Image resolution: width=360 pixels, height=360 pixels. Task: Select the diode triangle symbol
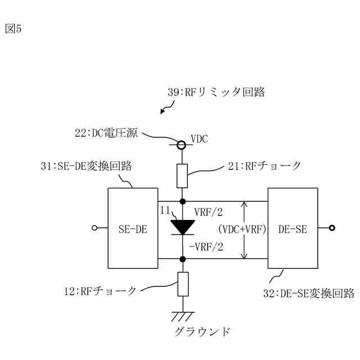(182, 227)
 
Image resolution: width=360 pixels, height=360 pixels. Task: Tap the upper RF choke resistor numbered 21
(182, 176)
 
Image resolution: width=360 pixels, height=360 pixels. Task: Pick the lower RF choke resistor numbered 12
(182, 283)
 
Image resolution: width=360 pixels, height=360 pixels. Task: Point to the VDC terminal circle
(182, 145)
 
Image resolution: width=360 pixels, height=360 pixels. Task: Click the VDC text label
(199, 139)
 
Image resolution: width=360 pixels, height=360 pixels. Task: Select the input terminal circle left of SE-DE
(95, 228)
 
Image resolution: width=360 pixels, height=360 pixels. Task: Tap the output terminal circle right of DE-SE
(332, 228)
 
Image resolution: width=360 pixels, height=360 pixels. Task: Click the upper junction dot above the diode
(182, 201)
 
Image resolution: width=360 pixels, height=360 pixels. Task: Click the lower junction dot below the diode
(182, 259)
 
